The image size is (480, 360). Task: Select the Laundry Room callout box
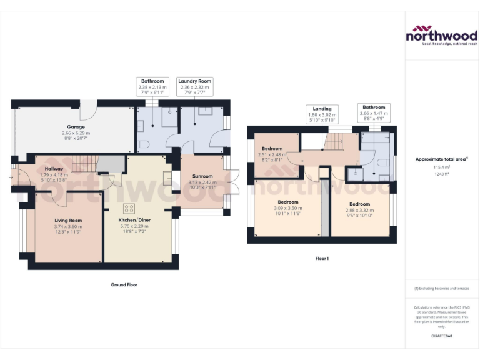coord(195,87)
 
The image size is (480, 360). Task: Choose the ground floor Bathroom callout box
coord(152,87)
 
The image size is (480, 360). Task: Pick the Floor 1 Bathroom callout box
coord(374,113)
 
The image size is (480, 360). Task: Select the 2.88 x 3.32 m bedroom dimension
coord(359,211)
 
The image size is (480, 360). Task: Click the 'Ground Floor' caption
coord(123,284)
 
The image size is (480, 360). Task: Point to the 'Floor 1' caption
coord(322,258)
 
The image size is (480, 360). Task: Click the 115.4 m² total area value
coord(442,167)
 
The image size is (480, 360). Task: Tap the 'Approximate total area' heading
coord(441,159)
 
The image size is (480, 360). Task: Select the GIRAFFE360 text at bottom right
coord(442,336)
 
